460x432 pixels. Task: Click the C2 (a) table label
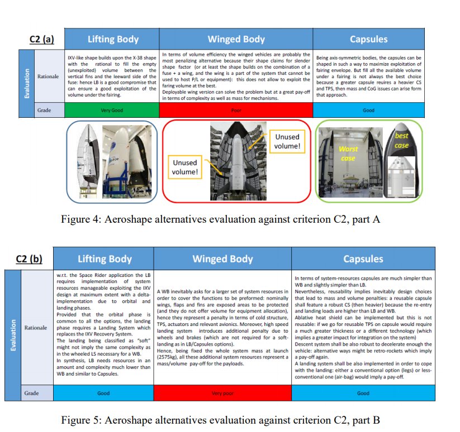(x=41, y=39)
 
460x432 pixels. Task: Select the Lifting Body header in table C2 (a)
(x=113, y=39)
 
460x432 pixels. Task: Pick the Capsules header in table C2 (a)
(x=368, y=39)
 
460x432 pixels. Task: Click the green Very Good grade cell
(x=112, y=111)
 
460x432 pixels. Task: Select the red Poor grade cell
(x=236, y=111)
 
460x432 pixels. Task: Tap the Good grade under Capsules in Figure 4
(x=368, y=111)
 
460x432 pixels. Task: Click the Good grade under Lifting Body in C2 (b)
(x=103, y=393)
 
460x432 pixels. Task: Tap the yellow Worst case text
(x=348, y=153)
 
